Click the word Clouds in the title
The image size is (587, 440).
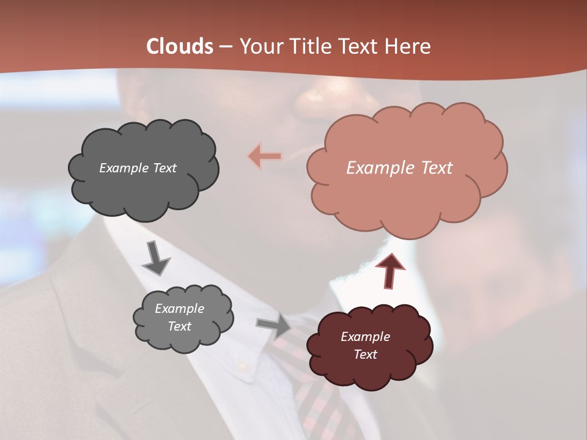179,46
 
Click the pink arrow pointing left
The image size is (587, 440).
265,156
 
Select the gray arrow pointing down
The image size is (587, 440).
155,258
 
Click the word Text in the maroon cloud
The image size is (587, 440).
365,354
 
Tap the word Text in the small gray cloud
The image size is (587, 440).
179,326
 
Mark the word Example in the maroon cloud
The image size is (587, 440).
365,337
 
